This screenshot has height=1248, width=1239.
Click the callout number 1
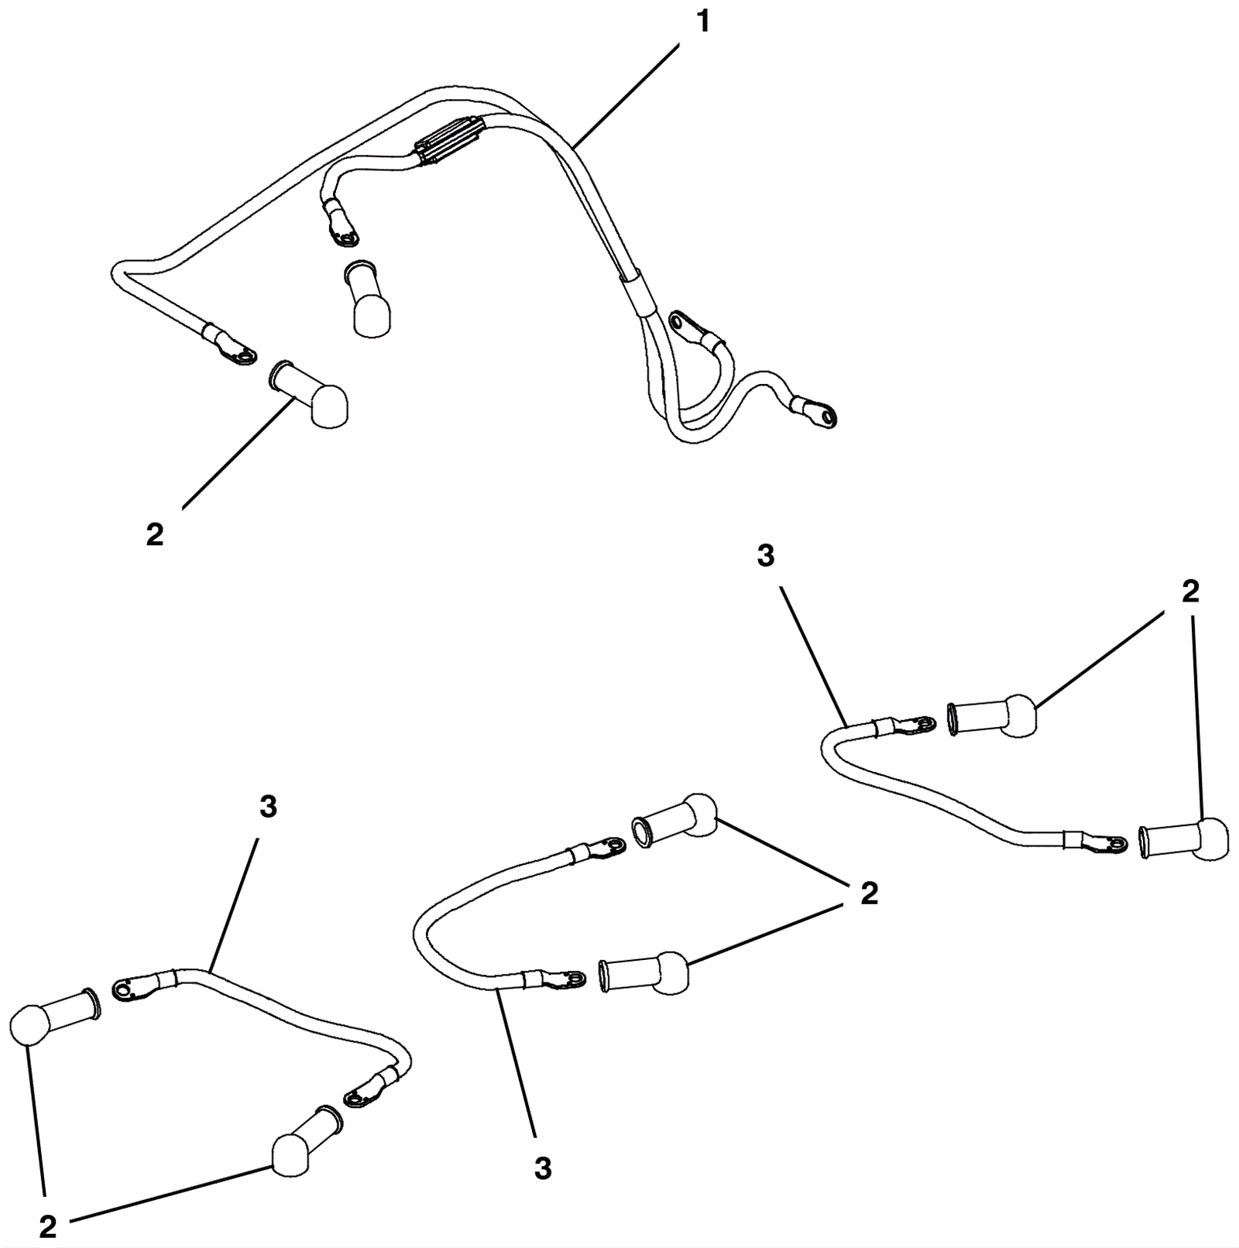[x=703, y=22]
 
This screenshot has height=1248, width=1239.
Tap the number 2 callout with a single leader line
[x=155, y=534]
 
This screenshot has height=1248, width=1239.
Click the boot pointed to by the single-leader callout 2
[x=310, y=393]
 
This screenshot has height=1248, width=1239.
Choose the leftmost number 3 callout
[x=268, y=807]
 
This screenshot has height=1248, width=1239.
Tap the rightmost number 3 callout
[x=765, y=555]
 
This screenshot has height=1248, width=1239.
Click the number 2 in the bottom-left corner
[x=48, y=1226]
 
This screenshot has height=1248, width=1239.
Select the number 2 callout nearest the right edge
[x=1190, y=591]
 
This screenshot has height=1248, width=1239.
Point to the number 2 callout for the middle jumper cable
[x=870, y=893]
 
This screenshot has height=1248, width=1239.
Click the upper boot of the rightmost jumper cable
[x=993, y=715]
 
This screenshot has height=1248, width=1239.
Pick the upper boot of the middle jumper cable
[x=675, y=821]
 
